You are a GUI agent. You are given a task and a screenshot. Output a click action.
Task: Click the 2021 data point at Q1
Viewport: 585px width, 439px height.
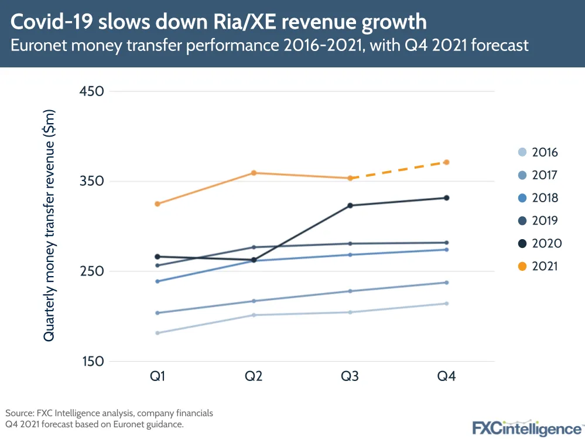(158, 204)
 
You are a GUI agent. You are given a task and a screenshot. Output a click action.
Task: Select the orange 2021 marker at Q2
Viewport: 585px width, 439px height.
(254, 173)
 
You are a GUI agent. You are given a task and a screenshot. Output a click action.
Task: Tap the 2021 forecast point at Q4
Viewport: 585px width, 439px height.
(446, 162)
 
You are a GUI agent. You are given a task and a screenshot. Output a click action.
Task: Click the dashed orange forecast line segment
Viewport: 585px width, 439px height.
(398, 170)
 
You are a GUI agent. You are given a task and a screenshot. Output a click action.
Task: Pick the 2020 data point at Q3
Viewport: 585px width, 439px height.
(350, 206)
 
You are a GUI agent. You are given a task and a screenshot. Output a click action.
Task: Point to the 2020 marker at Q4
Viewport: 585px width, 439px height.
(446, 198)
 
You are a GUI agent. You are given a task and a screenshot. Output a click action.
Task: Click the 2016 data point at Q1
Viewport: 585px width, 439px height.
(158, 333)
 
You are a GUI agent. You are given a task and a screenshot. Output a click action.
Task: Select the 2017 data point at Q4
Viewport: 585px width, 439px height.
(446, 283)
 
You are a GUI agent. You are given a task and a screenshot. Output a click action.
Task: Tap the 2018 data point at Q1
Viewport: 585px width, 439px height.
(158, 281)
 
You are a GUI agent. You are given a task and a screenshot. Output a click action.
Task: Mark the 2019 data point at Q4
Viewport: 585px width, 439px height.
(446, 243)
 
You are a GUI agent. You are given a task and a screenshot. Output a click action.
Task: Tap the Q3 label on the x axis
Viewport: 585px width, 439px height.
(350, 376)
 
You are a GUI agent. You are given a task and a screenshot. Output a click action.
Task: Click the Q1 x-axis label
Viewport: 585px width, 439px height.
(158, 376)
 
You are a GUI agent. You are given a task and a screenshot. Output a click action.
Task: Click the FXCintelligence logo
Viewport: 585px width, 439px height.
(527, 427)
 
